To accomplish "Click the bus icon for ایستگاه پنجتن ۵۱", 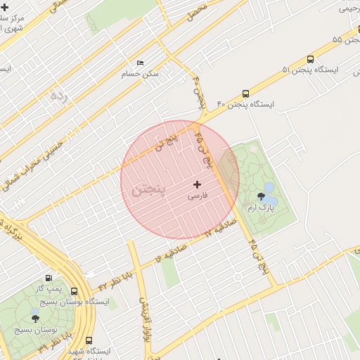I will [309, 60].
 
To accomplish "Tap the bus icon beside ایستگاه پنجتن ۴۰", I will [245, 94].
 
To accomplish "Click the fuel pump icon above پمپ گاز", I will [48, 278].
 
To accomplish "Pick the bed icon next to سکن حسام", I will [140, 63].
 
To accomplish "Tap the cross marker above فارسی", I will [197, 185].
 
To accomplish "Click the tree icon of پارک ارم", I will [267, 196].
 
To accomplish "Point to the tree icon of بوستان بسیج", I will [36, 318].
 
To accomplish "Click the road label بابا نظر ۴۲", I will [115, 278].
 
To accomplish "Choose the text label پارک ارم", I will [261, 208].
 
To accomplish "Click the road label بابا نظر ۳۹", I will [48, 342].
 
